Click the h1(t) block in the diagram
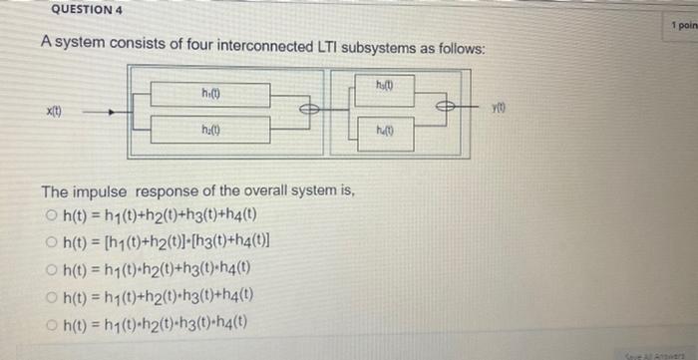[x=209, y=95]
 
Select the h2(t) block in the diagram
[x=209, y=130]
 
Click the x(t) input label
[x=50, y=113]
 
